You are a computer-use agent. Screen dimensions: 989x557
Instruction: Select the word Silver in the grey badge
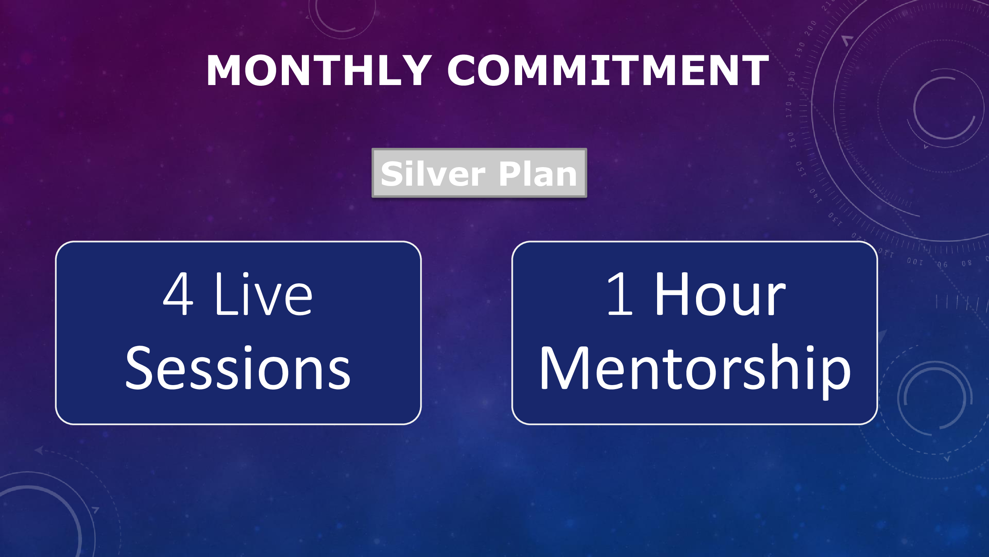click(433, 174)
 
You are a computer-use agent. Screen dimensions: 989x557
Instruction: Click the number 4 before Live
click(178, 294)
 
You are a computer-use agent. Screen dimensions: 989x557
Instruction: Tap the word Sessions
click(238, 368)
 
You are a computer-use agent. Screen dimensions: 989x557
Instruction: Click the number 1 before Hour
click(620, 294)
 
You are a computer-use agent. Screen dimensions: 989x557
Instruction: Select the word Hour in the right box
click(720, 294)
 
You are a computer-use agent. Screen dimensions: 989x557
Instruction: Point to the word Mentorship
click(695, 371)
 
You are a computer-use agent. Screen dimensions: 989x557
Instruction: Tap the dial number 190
click(800, 50)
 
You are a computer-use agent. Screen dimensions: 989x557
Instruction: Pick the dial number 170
click(789, 110)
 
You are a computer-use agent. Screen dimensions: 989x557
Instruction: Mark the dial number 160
click(791, 140)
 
